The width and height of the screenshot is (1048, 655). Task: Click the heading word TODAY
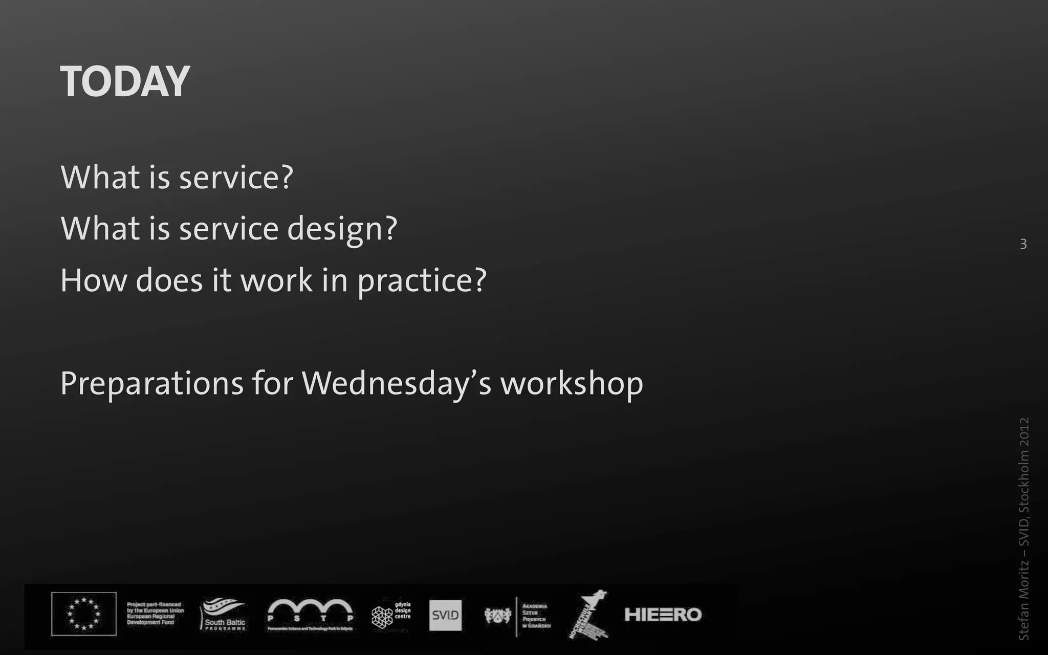pos(125,82)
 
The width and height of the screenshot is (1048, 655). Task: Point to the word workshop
pos(572,383)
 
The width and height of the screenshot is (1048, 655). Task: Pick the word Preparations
pos(151,383)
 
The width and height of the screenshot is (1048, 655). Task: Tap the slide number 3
pos(1023,244)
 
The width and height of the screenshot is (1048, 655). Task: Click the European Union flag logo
pos(84,614)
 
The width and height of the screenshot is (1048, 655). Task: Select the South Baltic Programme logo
pos(224,614)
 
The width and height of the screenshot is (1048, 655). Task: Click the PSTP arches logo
pos(310,614)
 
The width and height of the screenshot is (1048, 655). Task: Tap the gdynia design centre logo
pos(390,614)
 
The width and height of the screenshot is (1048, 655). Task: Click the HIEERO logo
pos(663,615)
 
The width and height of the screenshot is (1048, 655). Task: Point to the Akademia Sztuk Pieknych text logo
pos(535,616)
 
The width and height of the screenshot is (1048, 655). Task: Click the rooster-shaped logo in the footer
pos(588,614)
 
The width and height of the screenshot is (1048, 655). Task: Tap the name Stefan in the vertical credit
pos(1023,622)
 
